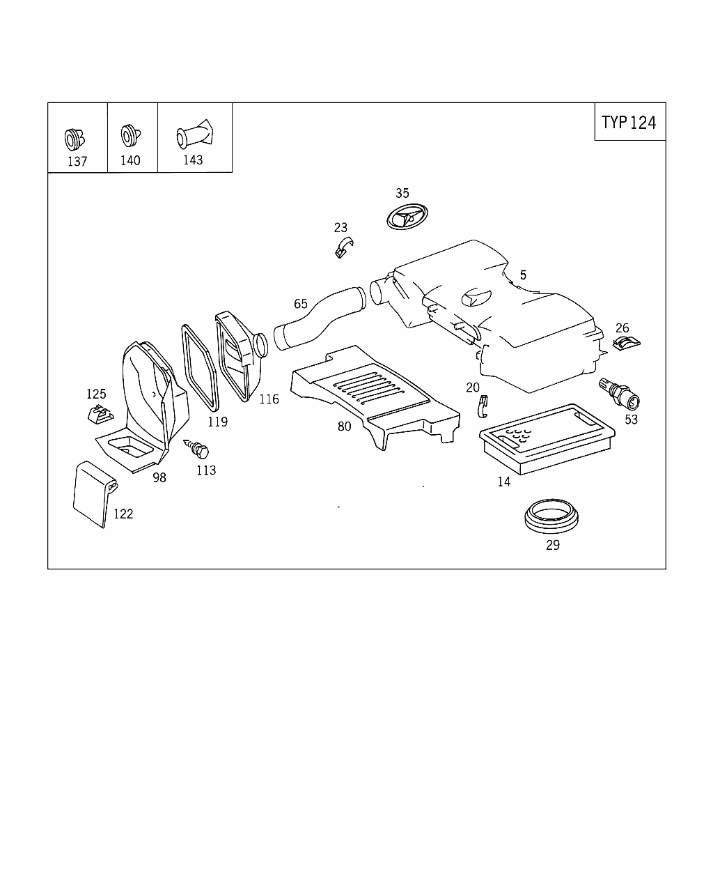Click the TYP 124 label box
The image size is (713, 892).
(629, 122)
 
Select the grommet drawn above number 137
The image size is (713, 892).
(74, 139)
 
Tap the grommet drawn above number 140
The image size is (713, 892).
(129, 135)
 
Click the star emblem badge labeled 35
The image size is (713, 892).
(405, 217)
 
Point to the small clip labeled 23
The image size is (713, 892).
(343, 247)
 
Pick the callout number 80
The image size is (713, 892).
(344, 426)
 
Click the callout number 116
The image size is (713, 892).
(269, 399)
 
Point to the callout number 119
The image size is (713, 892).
(217, 422)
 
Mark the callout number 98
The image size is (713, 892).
(159, 477)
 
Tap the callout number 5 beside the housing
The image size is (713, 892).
(523, 275)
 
